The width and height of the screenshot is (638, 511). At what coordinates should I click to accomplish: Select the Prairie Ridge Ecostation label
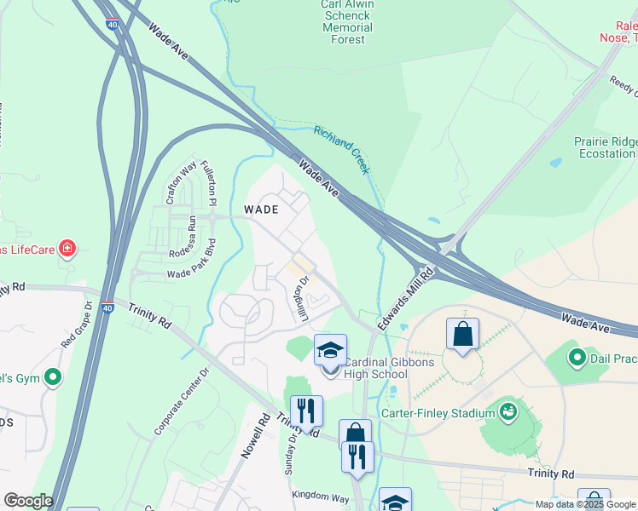(606, 147)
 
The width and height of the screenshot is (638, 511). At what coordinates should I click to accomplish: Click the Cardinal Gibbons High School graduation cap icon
(330, 350)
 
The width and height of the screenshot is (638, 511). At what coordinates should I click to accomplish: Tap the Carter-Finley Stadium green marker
(508, 412)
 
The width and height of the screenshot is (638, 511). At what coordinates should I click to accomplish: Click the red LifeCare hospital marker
(67, 250)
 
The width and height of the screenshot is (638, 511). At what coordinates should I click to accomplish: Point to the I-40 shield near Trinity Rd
(107, 308)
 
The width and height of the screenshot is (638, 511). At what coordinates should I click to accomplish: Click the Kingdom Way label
(320, 497)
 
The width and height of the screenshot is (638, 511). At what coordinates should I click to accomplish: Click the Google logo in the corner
(28, 501)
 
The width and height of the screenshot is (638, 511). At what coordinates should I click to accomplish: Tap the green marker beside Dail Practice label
(577, 357)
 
